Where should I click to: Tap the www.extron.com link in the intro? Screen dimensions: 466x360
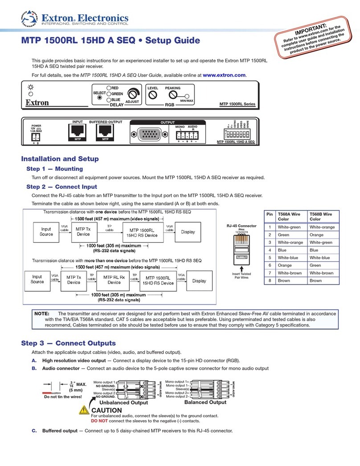pyautogui.click(x=224, y=75)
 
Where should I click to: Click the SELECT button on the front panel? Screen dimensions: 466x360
pyautogui.click(x=100, y=97)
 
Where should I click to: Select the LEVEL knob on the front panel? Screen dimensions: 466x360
pyautogui.click(x=153, y=95)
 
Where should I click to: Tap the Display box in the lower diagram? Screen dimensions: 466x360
pyautogui.click(x=199, y=281)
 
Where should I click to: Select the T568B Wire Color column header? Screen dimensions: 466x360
pyautogui.click(x=323, y=216)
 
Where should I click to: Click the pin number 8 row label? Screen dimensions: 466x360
pyautogui.click(x=269, y=293)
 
